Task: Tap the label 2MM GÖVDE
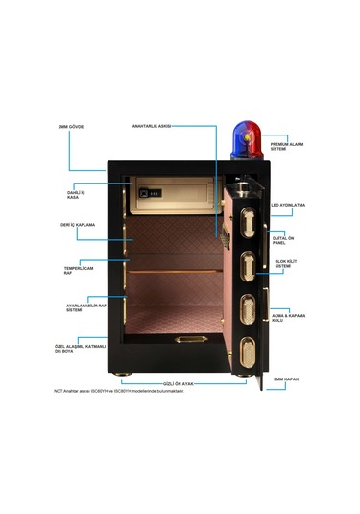coord(71,126)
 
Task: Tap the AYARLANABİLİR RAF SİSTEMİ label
coord(80,307)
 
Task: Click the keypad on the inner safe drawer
coord(153,194)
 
